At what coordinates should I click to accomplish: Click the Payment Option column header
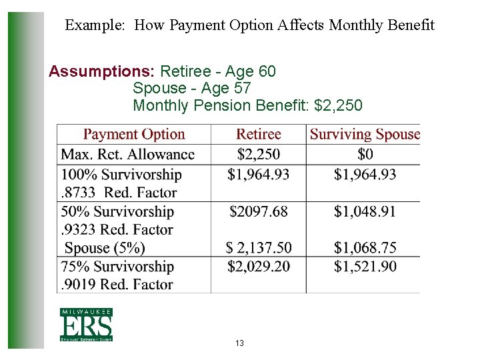pyautogui.click(x=134, y=134)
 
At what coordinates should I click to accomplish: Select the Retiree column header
pyautogui.click(x=259, y=134)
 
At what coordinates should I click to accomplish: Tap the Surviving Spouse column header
pyautogui.click(x=365, y=134)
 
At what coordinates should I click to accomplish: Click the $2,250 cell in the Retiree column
pyautogui.click(x=259, y=155)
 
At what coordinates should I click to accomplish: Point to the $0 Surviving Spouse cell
pyautogui.click(x=365, y=155)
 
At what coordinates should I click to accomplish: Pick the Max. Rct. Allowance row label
pyautogui.click(x=128, y=155)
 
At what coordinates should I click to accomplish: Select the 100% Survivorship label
pyautogui.click(x=121, y=175)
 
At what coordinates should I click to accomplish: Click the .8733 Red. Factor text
pyautogui.click(x=119, y=193)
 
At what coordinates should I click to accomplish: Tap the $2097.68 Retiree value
pyautogui.click(x=259, y=211)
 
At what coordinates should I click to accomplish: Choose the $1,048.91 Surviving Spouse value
pyautogui.click(x=365, y=211)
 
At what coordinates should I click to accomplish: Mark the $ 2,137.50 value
pyautogui.click(x=259, y=248)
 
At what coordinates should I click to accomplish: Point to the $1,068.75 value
pyautogui.click(x=365, y=248)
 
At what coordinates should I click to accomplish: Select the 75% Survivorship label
pyautogui.click(x=117, y=267)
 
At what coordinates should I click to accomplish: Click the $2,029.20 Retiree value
pyautogui.click(x=259, y=267)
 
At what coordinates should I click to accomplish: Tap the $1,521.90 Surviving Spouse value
pyautogui.click(x=365, y=267)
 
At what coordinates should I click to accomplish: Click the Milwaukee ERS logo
pyautogui.click(x=86, y=325)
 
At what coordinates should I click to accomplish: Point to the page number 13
pyautogui.click(x=239, y=343)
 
